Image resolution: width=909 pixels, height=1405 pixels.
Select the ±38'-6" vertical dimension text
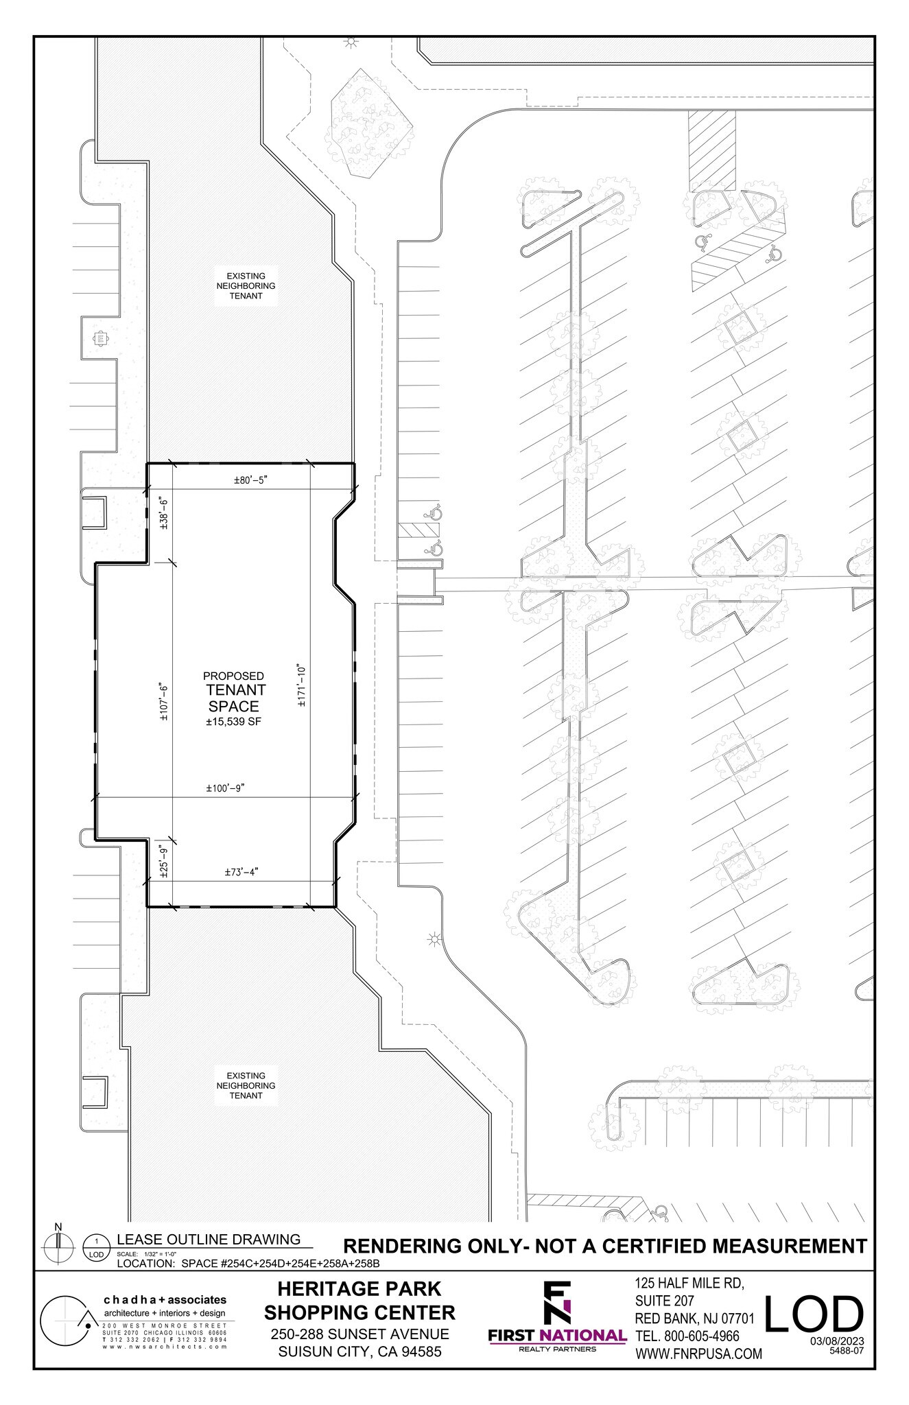[x=163, y=512]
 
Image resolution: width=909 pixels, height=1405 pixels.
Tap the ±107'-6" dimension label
[x=163, y=701]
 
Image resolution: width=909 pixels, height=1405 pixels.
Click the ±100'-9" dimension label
[x=226, y=789]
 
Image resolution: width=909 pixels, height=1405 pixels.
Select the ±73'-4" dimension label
[x=241, y=873]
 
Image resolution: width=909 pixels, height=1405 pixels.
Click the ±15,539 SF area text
[x=234, y=722]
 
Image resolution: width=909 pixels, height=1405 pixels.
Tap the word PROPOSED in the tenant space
[x=233, y=676]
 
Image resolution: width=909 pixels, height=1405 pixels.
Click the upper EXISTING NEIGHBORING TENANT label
[x=246, y=285]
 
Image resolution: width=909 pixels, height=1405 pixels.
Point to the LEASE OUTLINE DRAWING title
[x=209, y=1239]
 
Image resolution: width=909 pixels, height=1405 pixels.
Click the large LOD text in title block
[x=814, y=1314]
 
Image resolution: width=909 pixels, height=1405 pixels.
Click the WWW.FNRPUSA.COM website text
[x=698, y=1354]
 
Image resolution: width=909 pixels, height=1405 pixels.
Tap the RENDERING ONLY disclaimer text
[x=604, y=1246]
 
